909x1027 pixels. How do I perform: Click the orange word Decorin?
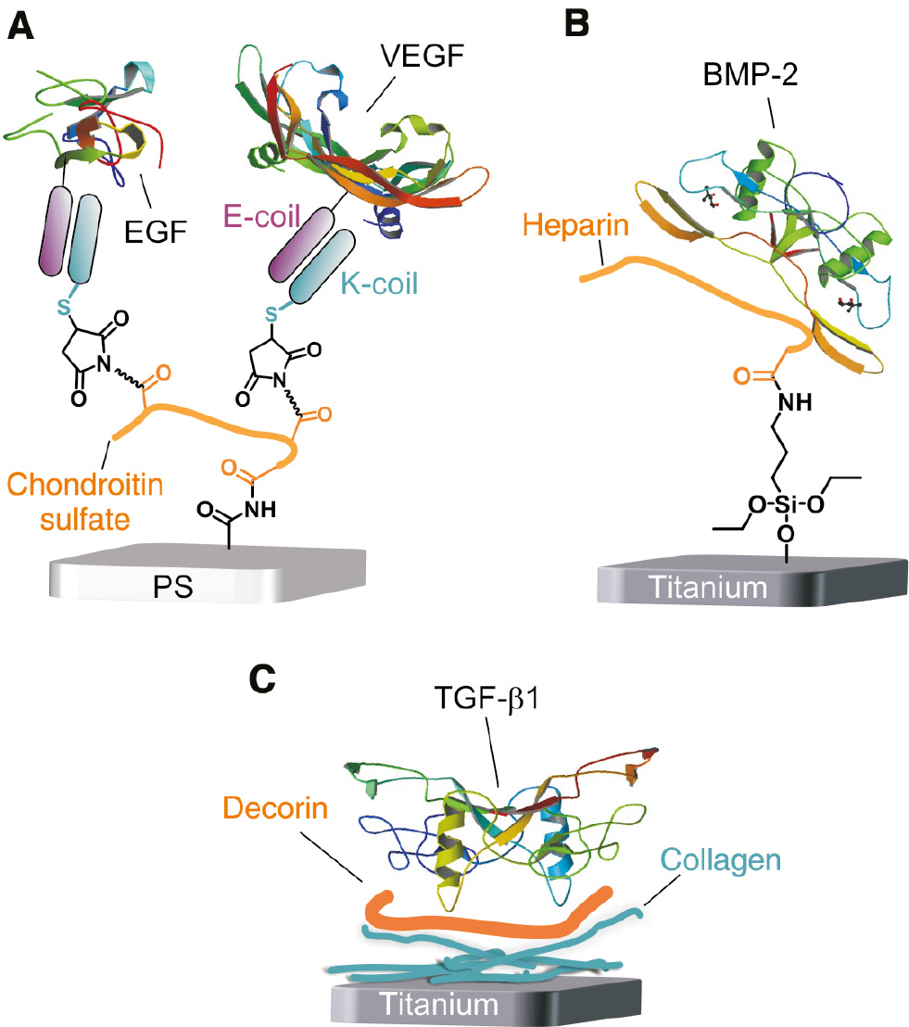[289, 807]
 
